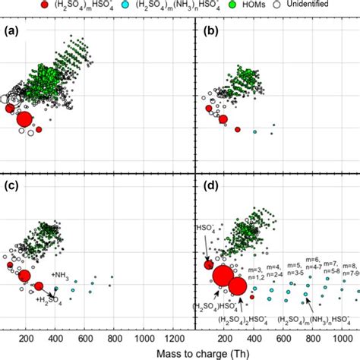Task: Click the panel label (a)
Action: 11,33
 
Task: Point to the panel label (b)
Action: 207,33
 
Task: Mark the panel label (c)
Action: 11,186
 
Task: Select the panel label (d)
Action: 207,186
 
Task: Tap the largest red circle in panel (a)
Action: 24,119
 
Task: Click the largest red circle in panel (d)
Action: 223,277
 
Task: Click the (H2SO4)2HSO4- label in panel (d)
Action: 228,318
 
